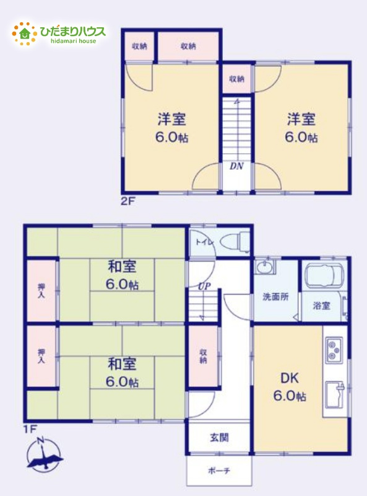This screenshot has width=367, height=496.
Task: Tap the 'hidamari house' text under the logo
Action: coord(73,41)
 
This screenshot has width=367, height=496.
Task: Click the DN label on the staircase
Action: coord(236,166)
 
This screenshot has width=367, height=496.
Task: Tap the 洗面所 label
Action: coord(275,296)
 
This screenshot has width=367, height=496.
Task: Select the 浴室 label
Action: coord(321,305)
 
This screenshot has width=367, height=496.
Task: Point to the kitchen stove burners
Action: coord(334,349)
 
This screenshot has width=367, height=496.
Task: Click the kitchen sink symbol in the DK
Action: coord(335,392)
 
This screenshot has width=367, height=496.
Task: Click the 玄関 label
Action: coord(218,438)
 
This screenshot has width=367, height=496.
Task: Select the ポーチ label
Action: coord(219,471)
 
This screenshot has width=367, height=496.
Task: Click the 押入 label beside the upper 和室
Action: coord(41,290)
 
